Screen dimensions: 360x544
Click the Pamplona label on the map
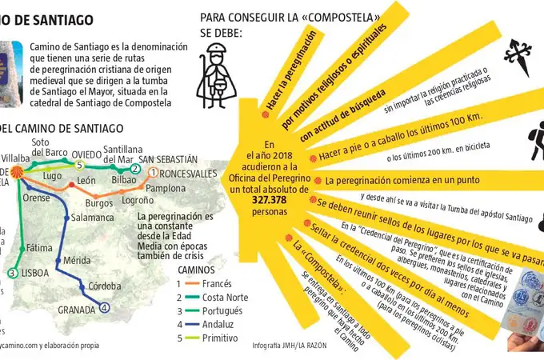pos(166,188)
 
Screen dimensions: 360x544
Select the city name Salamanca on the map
pos(93,217)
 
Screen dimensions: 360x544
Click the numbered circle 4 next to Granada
pos(104,308)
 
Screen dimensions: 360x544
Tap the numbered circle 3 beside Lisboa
pos(12,273)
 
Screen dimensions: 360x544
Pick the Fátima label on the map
pos(38,248)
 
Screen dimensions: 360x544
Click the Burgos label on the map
pos(100,203)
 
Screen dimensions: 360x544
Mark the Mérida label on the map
pos(77,261)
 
